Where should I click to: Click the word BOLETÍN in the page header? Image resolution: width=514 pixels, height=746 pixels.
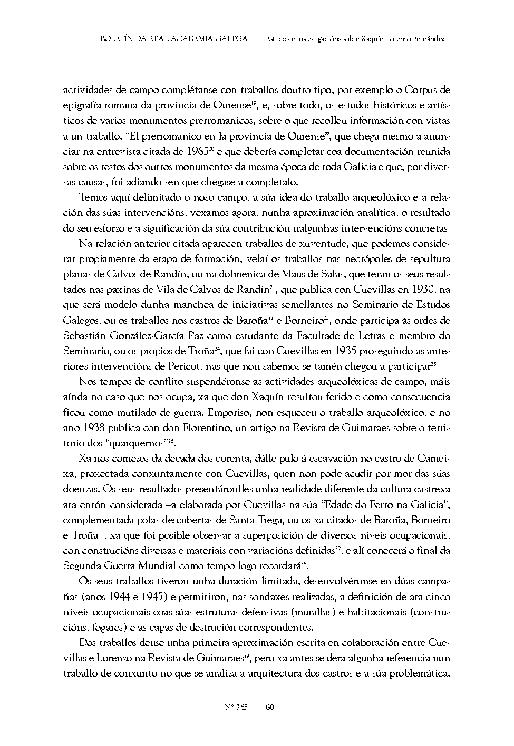[x=115, y=39]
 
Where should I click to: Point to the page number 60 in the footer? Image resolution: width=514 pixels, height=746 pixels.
[x=269, y=707]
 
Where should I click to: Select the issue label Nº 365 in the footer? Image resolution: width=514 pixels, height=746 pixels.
[x=236, y=707]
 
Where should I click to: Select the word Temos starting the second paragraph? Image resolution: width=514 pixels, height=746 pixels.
[x=92, y=197]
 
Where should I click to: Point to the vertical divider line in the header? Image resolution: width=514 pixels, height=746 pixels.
[x=257, y=39]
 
